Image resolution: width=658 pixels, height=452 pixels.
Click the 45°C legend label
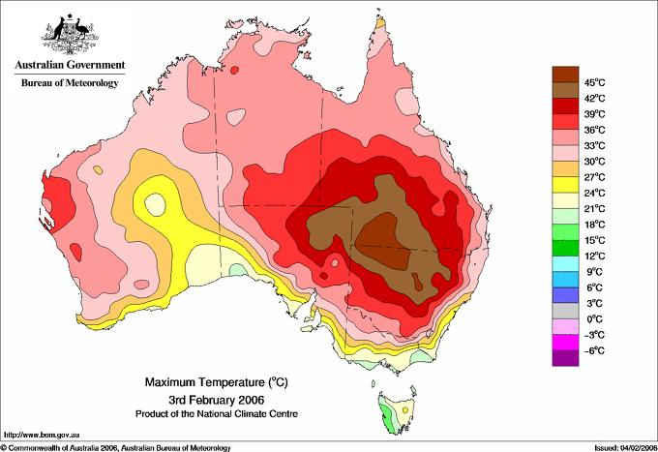point(594,82)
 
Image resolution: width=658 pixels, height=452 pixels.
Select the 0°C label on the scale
point(594,319)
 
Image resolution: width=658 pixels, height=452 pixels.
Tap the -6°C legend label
point(594,350)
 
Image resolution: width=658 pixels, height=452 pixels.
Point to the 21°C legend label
point(594,209)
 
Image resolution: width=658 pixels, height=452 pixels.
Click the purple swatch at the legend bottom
point(565,358)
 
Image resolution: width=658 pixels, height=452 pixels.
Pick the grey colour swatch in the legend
point(565,311)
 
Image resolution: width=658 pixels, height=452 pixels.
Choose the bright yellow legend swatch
point(565,185)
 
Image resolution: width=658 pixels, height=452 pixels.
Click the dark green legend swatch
point(565,248)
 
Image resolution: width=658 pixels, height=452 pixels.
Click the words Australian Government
point(70,65)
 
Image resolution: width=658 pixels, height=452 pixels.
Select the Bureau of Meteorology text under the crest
point(70,82)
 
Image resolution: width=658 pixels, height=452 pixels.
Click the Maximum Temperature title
point(217,382)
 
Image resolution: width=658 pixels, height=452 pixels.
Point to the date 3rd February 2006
point(217,399)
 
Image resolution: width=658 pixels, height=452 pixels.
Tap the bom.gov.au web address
point(42,435)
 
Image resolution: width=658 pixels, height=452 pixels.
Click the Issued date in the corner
point(626,448)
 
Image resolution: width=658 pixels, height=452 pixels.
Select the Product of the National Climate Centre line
point(217,414)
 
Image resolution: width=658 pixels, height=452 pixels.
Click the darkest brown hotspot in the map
point(383,242)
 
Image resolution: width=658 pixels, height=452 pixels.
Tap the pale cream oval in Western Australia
point(155,204)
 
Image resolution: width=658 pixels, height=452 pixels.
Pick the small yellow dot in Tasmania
point(405,409)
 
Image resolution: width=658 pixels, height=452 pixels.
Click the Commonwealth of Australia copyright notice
point(116,448)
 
